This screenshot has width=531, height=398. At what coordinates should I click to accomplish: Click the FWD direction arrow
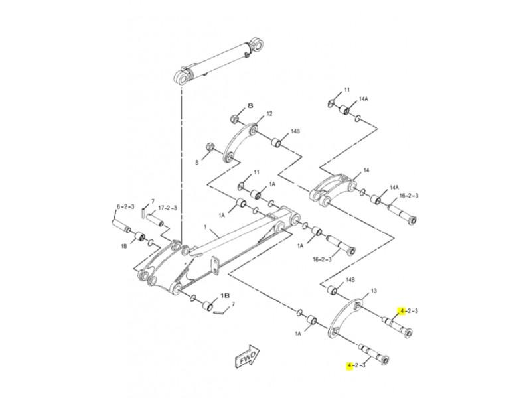(247, 358)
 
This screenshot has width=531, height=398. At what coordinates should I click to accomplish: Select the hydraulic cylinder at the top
(219, 62)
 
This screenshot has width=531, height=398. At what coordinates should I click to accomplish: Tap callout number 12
(269, 114)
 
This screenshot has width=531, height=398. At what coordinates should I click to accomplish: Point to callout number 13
(374, 291)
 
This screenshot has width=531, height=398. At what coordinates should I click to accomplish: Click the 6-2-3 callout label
(125, 206)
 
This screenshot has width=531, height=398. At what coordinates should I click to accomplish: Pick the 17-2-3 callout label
(167, 208)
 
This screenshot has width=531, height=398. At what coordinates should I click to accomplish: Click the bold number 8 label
(250, 106)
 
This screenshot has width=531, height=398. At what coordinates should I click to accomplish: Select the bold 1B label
(225, 295)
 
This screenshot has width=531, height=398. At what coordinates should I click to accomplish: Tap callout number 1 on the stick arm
(205, 226)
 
